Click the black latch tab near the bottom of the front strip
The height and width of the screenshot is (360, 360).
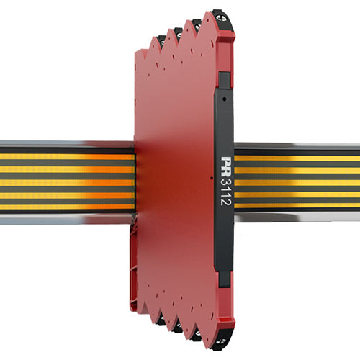click(224, 279)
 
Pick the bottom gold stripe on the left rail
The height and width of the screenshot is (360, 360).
click(65, 205)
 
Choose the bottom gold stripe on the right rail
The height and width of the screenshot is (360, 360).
click(295, 205)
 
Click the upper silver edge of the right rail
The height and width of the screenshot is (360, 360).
click(295, 145)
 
